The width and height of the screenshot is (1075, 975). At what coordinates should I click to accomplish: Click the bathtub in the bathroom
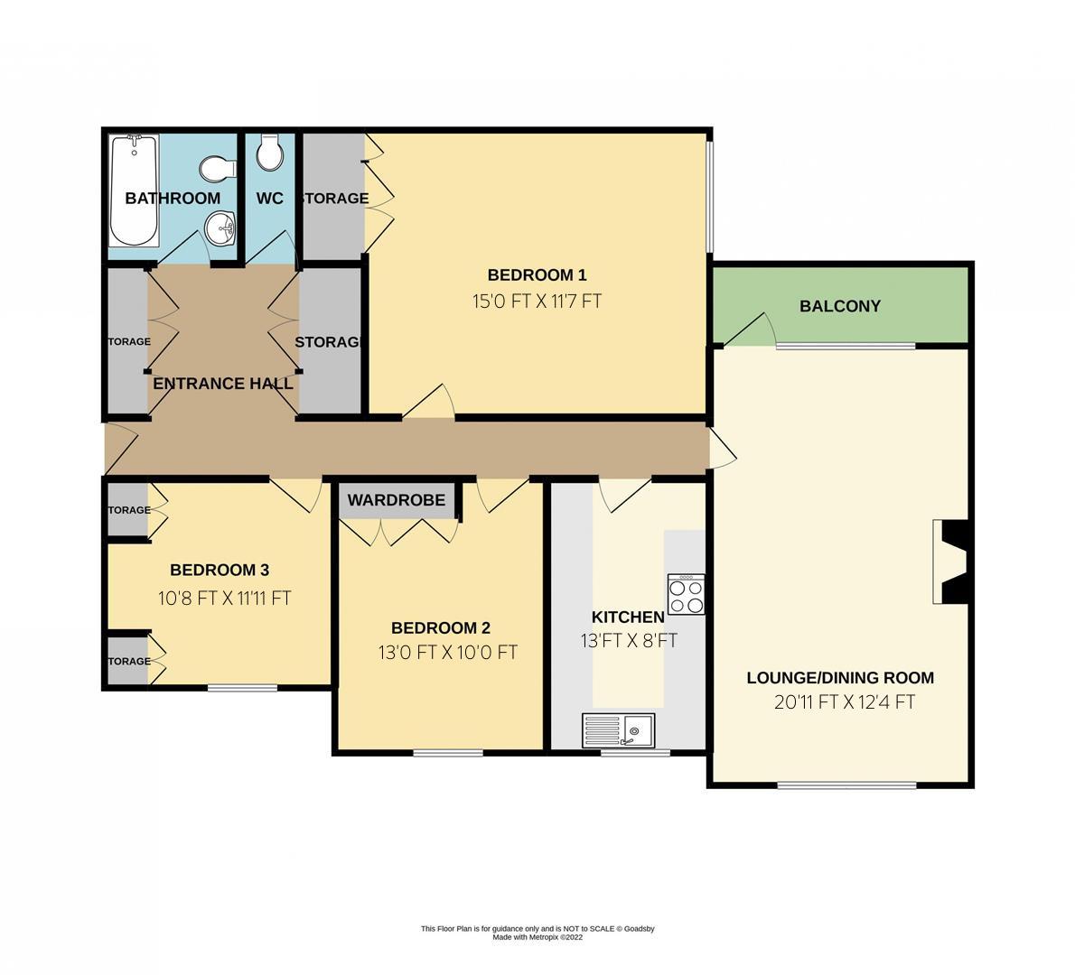tap(134, 190)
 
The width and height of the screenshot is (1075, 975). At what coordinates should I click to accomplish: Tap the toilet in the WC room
tap(269, 153)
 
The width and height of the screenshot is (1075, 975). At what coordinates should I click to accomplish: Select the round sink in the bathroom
tap(220, 228)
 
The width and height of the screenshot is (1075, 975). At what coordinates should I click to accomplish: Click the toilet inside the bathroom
tap(219, 168)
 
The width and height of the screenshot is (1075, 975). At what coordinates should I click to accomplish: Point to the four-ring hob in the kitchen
tap(686, 595)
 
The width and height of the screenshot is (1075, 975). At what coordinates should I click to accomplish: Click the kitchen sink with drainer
tap(619, 729)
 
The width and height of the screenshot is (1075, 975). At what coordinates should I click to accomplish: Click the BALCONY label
tap(839, 306)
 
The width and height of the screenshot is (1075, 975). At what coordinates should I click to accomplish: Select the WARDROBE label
tap(396, 500)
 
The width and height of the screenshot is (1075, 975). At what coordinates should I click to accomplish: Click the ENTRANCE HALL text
tap(222, 384)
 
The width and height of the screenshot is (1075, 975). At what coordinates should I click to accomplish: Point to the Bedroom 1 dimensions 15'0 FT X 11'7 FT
tap(537, 302)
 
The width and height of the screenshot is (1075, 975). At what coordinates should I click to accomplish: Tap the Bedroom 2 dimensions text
tap(447, 652)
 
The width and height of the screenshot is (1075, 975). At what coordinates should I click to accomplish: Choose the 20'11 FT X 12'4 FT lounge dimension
tap(844, 702)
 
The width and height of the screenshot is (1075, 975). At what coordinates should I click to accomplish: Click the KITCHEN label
tap(627, 617)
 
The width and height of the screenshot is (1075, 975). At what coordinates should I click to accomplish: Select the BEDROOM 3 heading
tap(220, 570)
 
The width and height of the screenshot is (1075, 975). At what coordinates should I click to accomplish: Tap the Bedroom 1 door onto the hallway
tap(429, 403)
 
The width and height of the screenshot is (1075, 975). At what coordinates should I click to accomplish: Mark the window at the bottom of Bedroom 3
tap(242, 688)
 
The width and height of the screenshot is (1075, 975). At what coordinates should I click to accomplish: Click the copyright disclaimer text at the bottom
tap(537, 933)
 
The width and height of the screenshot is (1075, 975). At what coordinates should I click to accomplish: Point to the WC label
tap(269, 199)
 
